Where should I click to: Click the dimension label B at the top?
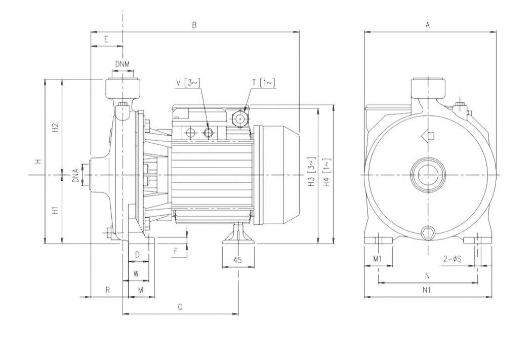[194, 24]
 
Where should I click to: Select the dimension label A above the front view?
[428, 24]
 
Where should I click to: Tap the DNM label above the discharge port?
[122, 64]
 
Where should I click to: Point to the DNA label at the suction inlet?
[75, 175]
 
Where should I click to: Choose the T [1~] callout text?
[264, 83]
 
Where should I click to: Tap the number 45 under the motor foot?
[237, 260]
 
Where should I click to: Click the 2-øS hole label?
[451, 259]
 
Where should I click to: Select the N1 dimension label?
[427, 290]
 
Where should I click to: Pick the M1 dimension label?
[377, 259]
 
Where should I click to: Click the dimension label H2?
[56, 127]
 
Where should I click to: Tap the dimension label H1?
[56, 209]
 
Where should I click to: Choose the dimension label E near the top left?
[106, 39]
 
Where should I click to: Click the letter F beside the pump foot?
[176, 251]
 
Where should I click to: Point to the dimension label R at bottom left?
[107, 290]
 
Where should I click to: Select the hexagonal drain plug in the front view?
[428, 232]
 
